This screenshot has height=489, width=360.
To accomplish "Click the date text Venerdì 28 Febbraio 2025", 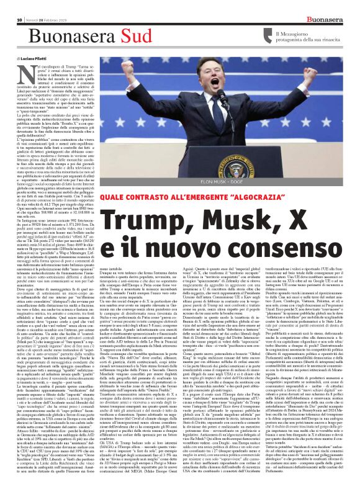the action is click(38, 6).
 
